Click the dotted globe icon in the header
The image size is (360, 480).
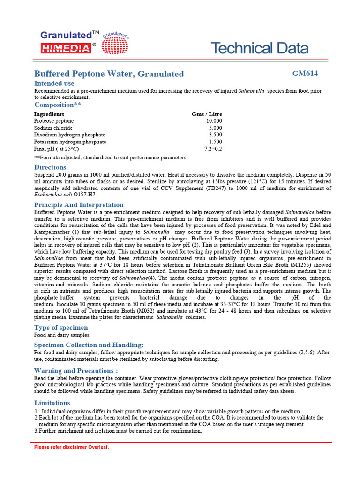(114, 45)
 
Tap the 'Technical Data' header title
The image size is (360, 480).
(259, 48)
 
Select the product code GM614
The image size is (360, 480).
(305, 73)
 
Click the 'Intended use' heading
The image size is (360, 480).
(54, 83)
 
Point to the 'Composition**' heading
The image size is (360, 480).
(58, 105)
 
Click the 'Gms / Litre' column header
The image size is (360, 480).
(207, 114)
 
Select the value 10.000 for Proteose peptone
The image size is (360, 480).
(214, 121)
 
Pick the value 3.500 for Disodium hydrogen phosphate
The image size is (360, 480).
(215, 135)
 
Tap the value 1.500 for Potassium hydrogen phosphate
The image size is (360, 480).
(215, 142)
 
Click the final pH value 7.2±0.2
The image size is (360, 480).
(213, 149)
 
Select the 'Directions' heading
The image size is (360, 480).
(50, 167)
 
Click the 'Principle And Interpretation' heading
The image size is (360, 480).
(79, 205)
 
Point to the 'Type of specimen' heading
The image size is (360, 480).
(61, 328)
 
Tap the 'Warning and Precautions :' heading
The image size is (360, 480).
(76, 371)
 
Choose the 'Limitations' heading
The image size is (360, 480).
(52, 403)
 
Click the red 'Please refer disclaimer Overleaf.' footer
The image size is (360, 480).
(71, 447)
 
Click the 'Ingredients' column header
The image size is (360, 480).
(49, 114)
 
